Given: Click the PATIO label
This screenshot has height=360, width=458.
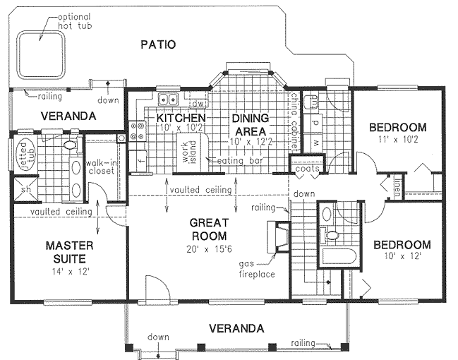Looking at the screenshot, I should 157,45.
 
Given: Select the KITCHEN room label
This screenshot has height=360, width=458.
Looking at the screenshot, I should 181,117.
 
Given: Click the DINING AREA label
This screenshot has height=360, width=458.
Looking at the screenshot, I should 251,125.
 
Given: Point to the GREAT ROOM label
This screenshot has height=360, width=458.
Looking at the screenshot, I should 208,229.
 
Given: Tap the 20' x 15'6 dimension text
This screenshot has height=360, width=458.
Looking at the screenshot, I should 208,248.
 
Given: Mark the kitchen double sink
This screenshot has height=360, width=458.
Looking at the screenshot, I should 167,99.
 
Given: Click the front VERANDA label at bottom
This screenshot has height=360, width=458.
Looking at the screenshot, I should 237,328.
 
